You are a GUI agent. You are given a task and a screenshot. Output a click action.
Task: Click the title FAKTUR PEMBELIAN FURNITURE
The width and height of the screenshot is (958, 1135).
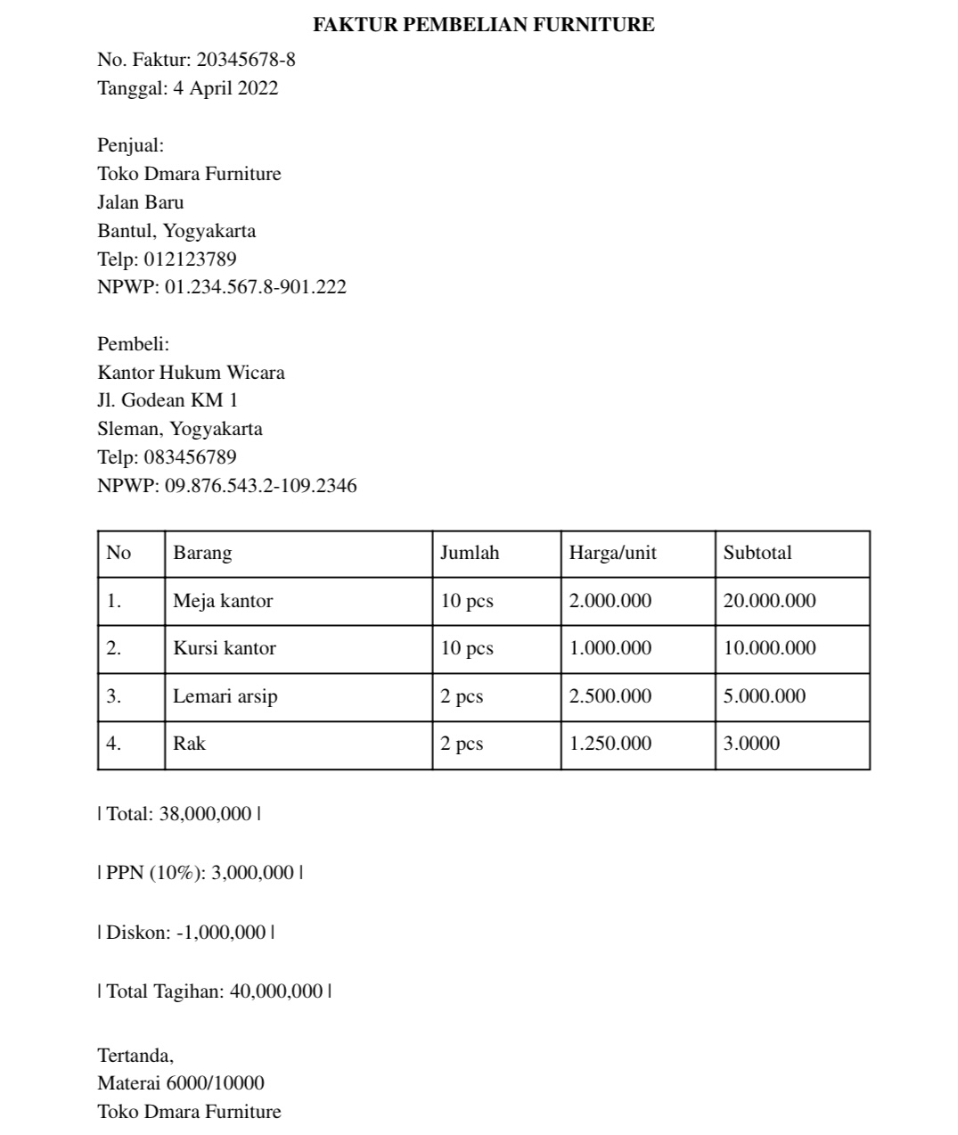tap(483, 25)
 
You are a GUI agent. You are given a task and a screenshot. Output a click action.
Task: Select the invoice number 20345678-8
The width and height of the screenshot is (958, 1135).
tap(246, 60)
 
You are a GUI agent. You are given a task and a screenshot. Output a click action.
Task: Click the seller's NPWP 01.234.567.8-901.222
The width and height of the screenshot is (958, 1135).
tap(256, 287)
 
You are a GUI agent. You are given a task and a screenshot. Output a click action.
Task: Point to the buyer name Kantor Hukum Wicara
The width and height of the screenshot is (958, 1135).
tap(191, 372)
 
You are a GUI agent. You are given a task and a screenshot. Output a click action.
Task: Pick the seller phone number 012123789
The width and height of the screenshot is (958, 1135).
tap(190, 259)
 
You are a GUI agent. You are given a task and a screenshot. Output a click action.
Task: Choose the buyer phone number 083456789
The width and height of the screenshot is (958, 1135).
tap(190, 457)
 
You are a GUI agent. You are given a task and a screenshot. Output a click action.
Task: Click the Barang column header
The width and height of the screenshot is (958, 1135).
tap(202, 553)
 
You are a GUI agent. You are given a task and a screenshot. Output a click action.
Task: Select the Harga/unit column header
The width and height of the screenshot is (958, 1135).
tap(612, 553)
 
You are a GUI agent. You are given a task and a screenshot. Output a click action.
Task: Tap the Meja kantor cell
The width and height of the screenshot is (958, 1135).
tap(223, 601)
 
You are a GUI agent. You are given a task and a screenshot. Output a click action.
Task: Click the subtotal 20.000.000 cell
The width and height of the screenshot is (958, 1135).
tap(769, 601)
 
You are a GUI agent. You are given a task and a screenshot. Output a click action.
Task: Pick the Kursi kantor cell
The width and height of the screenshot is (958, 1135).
tap(225, 648)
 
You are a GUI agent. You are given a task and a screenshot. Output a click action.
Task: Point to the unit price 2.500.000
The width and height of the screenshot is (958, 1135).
tap(610, 696)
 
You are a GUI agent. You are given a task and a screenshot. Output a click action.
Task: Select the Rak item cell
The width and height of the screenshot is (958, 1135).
tap(190, 744)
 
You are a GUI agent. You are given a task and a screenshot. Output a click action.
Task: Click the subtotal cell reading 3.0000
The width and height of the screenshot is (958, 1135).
tap(751, 744)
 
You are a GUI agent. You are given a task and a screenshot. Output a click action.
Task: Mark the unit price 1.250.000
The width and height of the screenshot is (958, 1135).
tap(610, 744)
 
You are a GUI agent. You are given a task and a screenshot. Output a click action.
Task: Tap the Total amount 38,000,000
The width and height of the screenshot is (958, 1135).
tap(205, 814)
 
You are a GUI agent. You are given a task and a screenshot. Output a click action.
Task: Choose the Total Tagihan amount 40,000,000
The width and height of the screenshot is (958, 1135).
tap(276, 991)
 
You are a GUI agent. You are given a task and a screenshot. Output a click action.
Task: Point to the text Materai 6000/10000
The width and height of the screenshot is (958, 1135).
tap(181, 1083)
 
